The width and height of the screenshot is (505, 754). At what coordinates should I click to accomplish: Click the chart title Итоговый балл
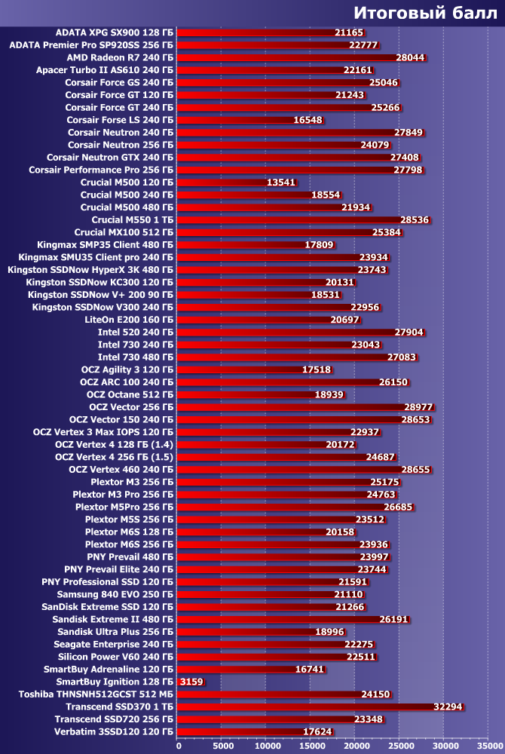424,13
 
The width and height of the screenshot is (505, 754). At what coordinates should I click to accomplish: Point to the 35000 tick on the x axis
488,746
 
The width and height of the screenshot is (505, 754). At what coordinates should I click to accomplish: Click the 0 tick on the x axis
178,746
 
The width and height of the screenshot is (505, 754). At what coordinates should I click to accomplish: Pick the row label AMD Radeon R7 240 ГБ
120,57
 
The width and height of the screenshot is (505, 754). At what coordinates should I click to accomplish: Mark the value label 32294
448,706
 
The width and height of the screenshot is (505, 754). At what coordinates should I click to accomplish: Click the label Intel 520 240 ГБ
136,332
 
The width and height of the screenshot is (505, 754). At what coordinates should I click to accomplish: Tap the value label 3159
191,682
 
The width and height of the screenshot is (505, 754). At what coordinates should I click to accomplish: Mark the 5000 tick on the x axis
222,746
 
